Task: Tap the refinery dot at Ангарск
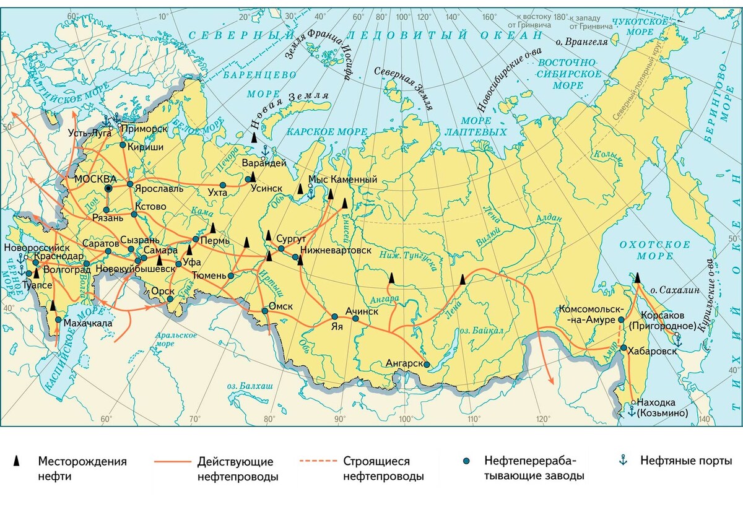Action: tap(428, 364)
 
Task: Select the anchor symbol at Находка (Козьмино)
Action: tap(631, 409)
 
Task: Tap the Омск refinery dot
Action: tap(265, 311)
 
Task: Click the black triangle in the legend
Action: tap(19, 461)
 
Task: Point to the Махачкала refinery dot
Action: tap(58, 320)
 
